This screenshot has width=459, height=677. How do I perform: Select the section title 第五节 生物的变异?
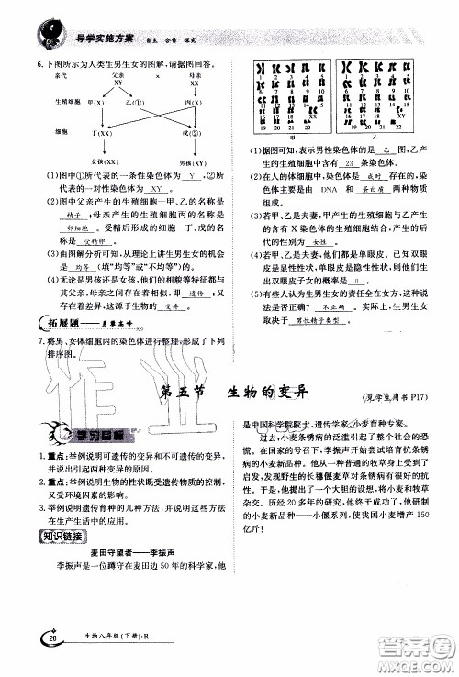coord(233,393)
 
